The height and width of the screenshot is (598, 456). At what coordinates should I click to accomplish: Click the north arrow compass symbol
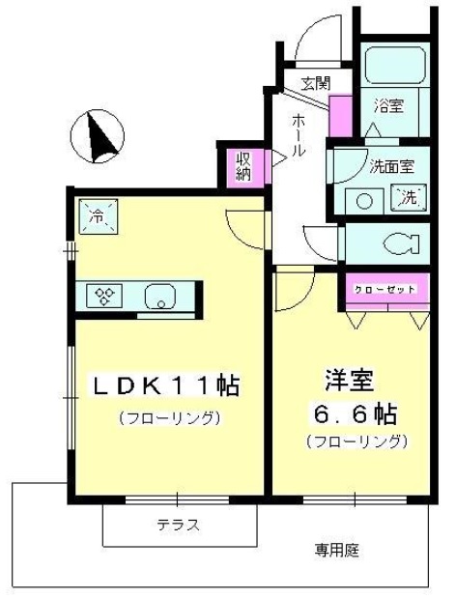[x=98, y=136]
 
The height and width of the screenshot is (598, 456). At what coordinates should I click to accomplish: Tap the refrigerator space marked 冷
[x=99, y=216]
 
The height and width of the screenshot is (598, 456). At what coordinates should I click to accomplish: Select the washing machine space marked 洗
[x=408, y=197]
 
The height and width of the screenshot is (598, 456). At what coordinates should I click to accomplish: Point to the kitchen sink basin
[x=160, y=297]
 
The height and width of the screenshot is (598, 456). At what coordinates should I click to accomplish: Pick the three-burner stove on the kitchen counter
[x=104, y=296]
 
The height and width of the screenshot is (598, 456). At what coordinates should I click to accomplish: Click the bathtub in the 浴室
[x=395, y=65]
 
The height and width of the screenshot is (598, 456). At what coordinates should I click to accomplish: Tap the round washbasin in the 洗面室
[x=364, y=201]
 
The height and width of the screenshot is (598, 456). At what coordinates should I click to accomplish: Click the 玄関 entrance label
[x=316, y=83]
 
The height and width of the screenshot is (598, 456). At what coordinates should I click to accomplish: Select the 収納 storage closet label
[x=243, y=167]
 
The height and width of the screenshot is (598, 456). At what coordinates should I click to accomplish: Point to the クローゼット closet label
[x=385, y=290]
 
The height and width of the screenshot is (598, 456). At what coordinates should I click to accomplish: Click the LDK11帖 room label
[x=164, y=386]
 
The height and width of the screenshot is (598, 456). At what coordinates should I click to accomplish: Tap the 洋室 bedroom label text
[x=349, y=380]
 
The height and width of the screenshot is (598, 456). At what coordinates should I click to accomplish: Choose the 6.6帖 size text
[x=355, y=413]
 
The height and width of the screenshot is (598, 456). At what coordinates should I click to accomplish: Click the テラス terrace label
[x=179, y=526]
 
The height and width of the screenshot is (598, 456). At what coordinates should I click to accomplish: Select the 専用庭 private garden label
[x=336, y=550]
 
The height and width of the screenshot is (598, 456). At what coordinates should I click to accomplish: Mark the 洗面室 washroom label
[x=391, y=166]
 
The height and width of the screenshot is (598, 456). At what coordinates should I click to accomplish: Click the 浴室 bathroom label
[x=388, y=105]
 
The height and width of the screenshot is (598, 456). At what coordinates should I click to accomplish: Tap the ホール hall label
[x=299, y=134]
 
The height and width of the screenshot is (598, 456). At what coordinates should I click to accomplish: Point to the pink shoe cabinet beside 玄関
[x=340, y=116]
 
